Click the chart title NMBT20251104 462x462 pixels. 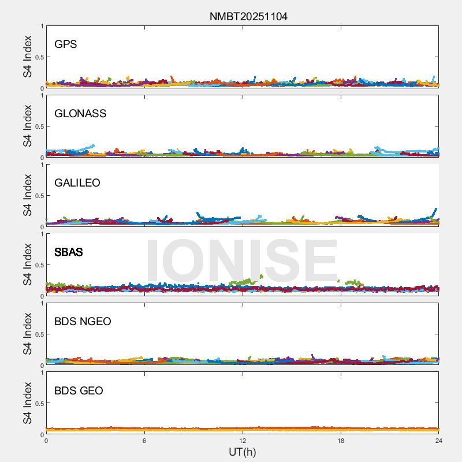[x=248, y=16]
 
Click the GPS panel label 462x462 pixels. [x=66, y=44]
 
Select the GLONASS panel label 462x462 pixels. [x=80, y=114]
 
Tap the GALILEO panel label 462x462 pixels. [x=77, y=183]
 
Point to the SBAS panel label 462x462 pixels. [x=69, y=252]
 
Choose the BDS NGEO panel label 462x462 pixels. [x=83, y=322]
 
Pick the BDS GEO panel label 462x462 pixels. [x=79, y=391]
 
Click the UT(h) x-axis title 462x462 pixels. [x=242, y=452]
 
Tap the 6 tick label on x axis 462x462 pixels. [x=144, y=441]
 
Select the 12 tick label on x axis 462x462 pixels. [x=243, y=441]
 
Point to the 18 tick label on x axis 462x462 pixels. [x=341, y=441]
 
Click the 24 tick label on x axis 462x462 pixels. [x=439, y=441]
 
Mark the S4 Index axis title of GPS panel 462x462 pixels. [x=28, y=57]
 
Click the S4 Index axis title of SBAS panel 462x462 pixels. [x=28, y=264]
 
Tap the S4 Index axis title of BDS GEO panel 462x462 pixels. [x=28, y=403]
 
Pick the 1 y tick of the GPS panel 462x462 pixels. [x=42, y=27]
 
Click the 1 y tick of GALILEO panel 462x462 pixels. [x=42, y=165]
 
